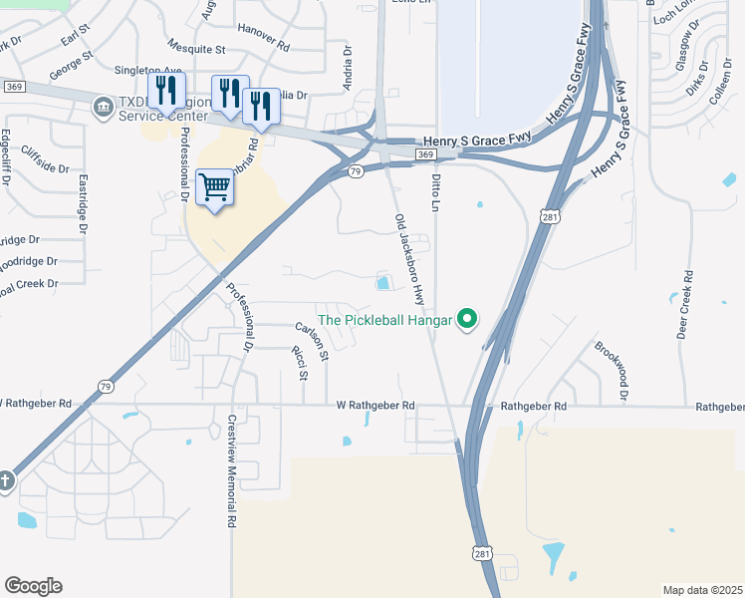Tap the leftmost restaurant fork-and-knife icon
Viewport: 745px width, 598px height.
point(166,91)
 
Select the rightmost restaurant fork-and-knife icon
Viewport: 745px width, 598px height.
point(261,105)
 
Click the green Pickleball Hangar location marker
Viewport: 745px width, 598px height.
point(466,320)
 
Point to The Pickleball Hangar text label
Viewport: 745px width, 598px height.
point(384,321)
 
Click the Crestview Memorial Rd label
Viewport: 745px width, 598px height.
point(231,470)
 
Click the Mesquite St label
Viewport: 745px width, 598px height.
point(197,48)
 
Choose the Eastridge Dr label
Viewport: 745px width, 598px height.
point(79,204)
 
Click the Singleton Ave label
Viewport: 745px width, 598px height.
point(145,70)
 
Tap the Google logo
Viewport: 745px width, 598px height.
point(33,586)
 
